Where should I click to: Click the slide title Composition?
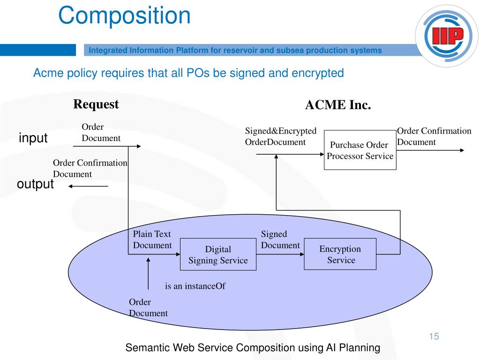click(124, 15)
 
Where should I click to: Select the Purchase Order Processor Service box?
click(360, 150)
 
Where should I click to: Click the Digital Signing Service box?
click(218, 255)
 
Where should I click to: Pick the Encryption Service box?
click(340, 254)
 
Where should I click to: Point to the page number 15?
click(433, 336)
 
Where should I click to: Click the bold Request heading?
click(96, 104)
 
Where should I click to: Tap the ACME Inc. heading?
click(338, 105)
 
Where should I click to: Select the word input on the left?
click(33, 138)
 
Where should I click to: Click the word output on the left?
click(35, 184)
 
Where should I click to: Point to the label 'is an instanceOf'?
click(195, 285)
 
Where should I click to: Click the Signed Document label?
click(280, 240)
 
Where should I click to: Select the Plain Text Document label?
click(152, 240)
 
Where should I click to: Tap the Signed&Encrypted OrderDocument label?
click(281, 136)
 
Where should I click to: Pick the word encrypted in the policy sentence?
click(321, 73)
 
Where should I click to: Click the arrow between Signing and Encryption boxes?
click(280, 255)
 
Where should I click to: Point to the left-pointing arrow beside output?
click(88, 186)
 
